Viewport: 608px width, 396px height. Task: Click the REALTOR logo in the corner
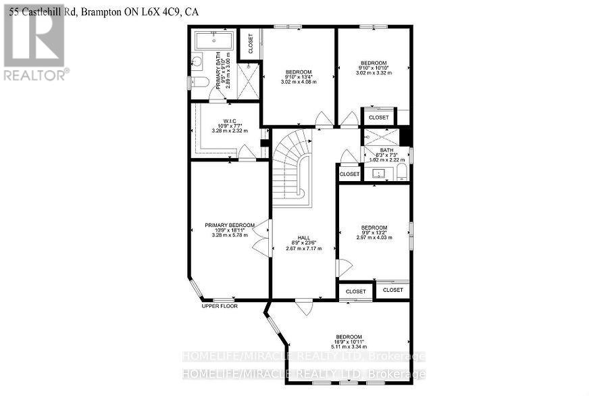point(33,42)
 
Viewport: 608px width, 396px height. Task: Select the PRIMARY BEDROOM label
point(230,225)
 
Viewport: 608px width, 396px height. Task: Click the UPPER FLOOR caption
point(220,306)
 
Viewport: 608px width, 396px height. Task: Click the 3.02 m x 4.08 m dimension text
point(298,82)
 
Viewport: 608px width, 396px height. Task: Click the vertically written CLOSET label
point(250,43)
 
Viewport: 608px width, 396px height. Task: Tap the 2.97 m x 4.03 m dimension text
point(374,237)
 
